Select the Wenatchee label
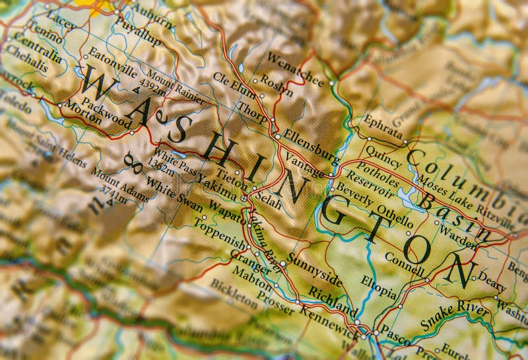pos(295,69)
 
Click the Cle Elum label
pos(233,86)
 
